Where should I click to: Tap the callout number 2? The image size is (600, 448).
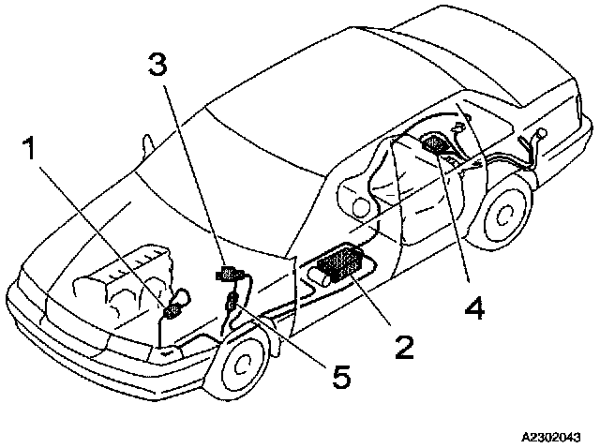click(x=404, y=345)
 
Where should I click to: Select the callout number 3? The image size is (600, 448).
click(x=159, y=65)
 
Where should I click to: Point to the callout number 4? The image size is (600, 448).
click(x=473, y=306)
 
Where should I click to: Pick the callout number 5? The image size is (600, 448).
click(x=341, y=376)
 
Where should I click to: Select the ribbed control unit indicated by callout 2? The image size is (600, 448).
click(x=340, y=261)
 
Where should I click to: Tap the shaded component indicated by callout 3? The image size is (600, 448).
click(x=228, y=275)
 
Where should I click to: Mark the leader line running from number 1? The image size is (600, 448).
click(x=103, y=234)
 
